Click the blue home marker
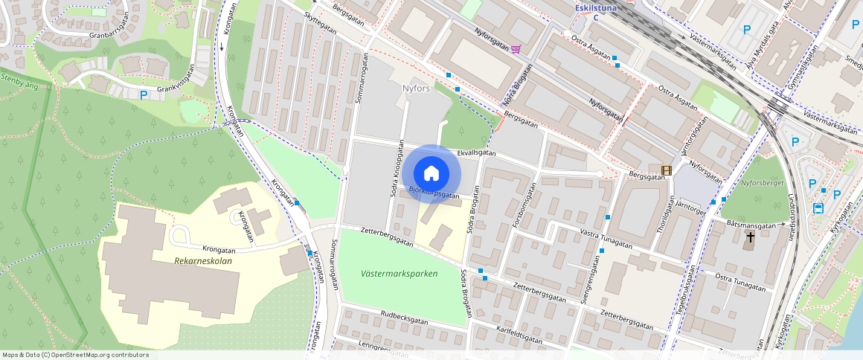coord(431,174)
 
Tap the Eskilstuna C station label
coord(595,12)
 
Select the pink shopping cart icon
coord(516,49)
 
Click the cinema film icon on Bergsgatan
coord(667,170)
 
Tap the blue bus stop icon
coord(818,209)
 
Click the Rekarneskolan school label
coord(203,261)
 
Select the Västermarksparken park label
coord(399,274)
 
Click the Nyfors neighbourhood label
coord(417,89)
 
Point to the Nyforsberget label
coord(763,182)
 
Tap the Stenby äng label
coord(16,82)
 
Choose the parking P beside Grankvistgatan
coord(144,95)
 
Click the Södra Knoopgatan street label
coord(397,176)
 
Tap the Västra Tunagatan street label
coord(606,239)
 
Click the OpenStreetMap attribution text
coord(74,355)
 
